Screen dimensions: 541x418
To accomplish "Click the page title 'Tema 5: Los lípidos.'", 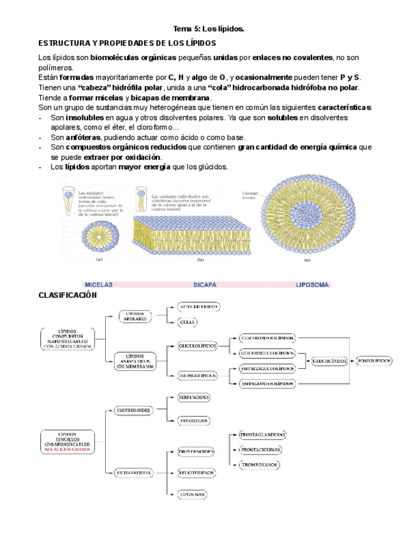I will pos(209,29).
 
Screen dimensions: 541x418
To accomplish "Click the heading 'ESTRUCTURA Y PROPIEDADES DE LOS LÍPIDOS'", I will pos(128,43).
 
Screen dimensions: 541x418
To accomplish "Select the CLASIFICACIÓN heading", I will pos(67,295).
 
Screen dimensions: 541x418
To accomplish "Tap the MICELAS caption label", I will pos(98,285).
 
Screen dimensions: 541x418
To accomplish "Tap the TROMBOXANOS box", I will pos(259,465).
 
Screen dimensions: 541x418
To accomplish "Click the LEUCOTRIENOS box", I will pos(195,473).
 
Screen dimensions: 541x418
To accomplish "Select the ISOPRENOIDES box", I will pos(134,410).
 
